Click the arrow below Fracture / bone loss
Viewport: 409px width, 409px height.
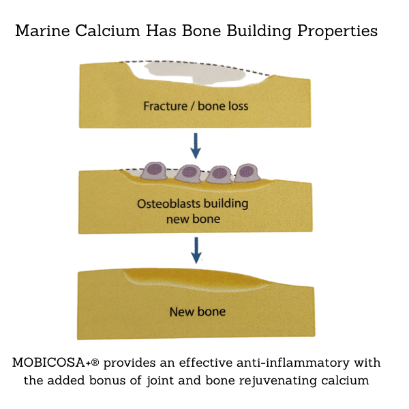point(196,145)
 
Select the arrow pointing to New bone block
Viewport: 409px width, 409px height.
point(196,249)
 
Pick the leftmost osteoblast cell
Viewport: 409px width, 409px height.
point(155,171)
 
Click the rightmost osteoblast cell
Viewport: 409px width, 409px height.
point(247,172)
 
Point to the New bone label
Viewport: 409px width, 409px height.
point(197,312)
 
